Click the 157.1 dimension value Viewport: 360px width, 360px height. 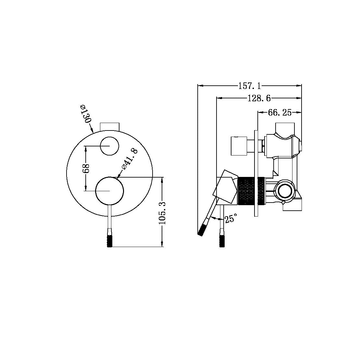(250, 86)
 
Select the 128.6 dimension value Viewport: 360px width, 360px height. (259, 98)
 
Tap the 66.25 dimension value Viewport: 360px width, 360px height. (279, 113)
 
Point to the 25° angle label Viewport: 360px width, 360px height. (231, 218)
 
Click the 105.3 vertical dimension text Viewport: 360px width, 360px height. (162, 213)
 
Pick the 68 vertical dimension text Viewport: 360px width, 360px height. (86, 169)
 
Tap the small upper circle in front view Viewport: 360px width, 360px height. (109, 146)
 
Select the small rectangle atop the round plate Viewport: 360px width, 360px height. (110, 126)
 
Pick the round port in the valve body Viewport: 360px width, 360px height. (285, 191)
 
